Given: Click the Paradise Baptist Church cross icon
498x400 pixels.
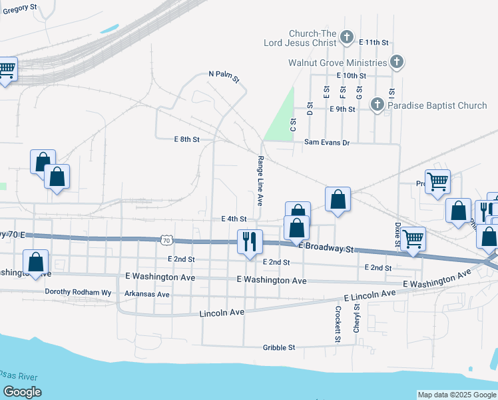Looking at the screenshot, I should pos(377,105).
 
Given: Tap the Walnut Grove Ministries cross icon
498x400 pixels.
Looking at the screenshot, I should pos(397,63).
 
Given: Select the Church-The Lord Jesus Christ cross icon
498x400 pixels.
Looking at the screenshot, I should pos(347,37).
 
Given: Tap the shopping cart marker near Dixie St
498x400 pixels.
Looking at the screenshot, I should pos(413,238).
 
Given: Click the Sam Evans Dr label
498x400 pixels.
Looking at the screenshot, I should pos(327,142).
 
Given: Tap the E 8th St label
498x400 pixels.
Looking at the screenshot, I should pos(187,139).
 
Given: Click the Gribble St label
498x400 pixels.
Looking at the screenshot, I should pos(279,347).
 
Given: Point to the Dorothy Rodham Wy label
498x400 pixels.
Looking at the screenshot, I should pos(71,292).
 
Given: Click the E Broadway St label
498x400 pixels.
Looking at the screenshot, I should pos(327,247).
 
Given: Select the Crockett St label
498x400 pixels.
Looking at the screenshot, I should pos(338,321).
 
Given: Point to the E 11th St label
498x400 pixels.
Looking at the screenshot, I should pos(373,42).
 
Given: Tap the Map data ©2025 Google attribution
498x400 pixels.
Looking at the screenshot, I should pos(457,395).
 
